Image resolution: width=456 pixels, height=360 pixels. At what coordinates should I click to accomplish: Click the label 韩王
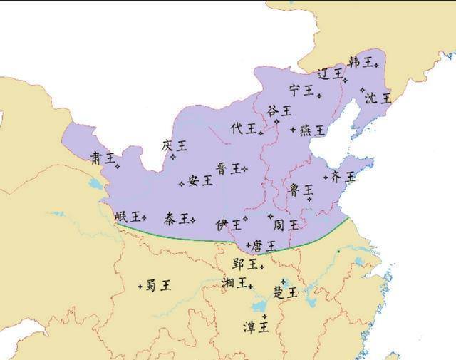[x=360, y=63]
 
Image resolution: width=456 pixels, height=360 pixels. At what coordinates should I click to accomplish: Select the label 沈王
[x=378, y=98]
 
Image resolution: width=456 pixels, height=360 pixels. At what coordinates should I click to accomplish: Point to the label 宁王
[x=301, y=90]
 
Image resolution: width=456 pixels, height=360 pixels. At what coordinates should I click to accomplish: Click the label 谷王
[x=279, y=110]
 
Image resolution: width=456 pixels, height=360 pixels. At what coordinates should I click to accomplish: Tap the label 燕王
[x=312, y=130]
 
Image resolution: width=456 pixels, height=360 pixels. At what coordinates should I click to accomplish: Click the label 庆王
[x=174, y=145]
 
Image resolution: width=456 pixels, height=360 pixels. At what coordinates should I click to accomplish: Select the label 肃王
[x=103, y=158]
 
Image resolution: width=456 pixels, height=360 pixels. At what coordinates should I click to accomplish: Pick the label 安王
[x=200, y=180]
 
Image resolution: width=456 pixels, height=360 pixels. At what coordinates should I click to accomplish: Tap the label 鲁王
[x=301, y=190]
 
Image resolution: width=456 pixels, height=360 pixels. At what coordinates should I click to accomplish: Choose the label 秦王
[x=177, y=217]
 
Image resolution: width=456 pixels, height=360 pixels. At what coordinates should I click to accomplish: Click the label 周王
[x=286, y=225]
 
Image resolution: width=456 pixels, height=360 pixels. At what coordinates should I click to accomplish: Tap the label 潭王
[x=256, y=327]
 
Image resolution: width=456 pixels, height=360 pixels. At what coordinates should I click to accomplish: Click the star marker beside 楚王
[x=284, y=282]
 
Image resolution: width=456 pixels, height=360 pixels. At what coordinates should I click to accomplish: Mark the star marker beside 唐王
[x=249, y=245]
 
